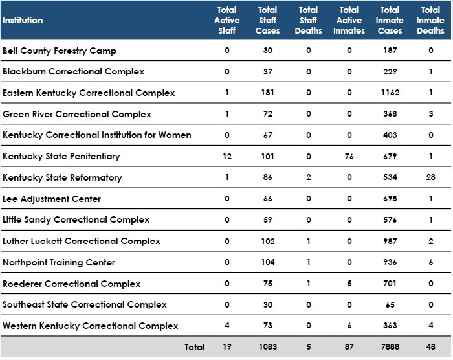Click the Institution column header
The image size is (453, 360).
pos(23,20)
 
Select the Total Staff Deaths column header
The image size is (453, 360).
pos(308,20)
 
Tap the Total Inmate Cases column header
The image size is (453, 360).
pos(390,20)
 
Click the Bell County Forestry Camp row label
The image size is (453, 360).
pos(60,51)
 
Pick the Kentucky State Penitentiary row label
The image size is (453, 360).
pos(61,156)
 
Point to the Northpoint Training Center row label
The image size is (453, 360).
pos(59,262)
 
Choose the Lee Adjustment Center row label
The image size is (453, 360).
pos(52,199)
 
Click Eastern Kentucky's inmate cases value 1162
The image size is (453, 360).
pos(390,93)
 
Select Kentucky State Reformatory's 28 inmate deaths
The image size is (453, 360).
pos(431,177)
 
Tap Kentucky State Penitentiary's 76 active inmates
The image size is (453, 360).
pos(349,156)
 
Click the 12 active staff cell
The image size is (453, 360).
pos(226,156)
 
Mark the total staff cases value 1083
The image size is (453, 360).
pos(267,347)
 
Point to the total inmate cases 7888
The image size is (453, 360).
pos(390,347)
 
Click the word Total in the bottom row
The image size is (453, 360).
pos(194,347)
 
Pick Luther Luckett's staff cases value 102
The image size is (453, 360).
pos(267,241)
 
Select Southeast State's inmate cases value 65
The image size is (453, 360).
pos(390,304)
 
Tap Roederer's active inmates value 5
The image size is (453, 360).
pos(349,283)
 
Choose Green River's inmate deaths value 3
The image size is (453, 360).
pos(431,114)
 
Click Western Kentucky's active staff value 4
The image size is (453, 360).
pos(226,326)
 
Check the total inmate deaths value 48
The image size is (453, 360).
pos(431,347)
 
